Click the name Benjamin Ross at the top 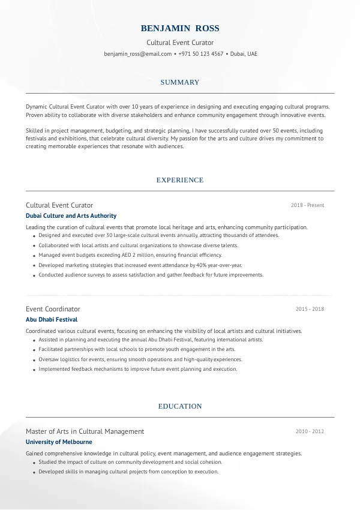(180, 28)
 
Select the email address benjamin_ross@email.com (137, 53)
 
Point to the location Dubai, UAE (243, 53)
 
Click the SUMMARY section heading (180, 82)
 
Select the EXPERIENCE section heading (180, 180)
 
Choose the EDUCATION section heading (180, 406)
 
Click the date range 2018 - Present (307, 205)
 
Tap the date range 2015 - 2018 (310, 309)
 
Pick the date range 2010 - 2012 (310, 431)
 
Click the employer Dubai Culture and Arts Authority (71, 216)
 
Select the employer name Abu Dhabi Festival (52, 320)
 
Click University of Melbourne (59, 442)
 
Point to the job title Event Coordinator (53, 309)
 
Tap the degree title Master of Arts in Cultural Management (85, 431)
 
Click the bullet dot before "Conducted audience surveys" (33, 275)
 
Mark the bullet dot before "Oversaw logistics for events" (33, 359)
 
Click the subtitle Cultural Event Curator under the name (180, 43)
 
